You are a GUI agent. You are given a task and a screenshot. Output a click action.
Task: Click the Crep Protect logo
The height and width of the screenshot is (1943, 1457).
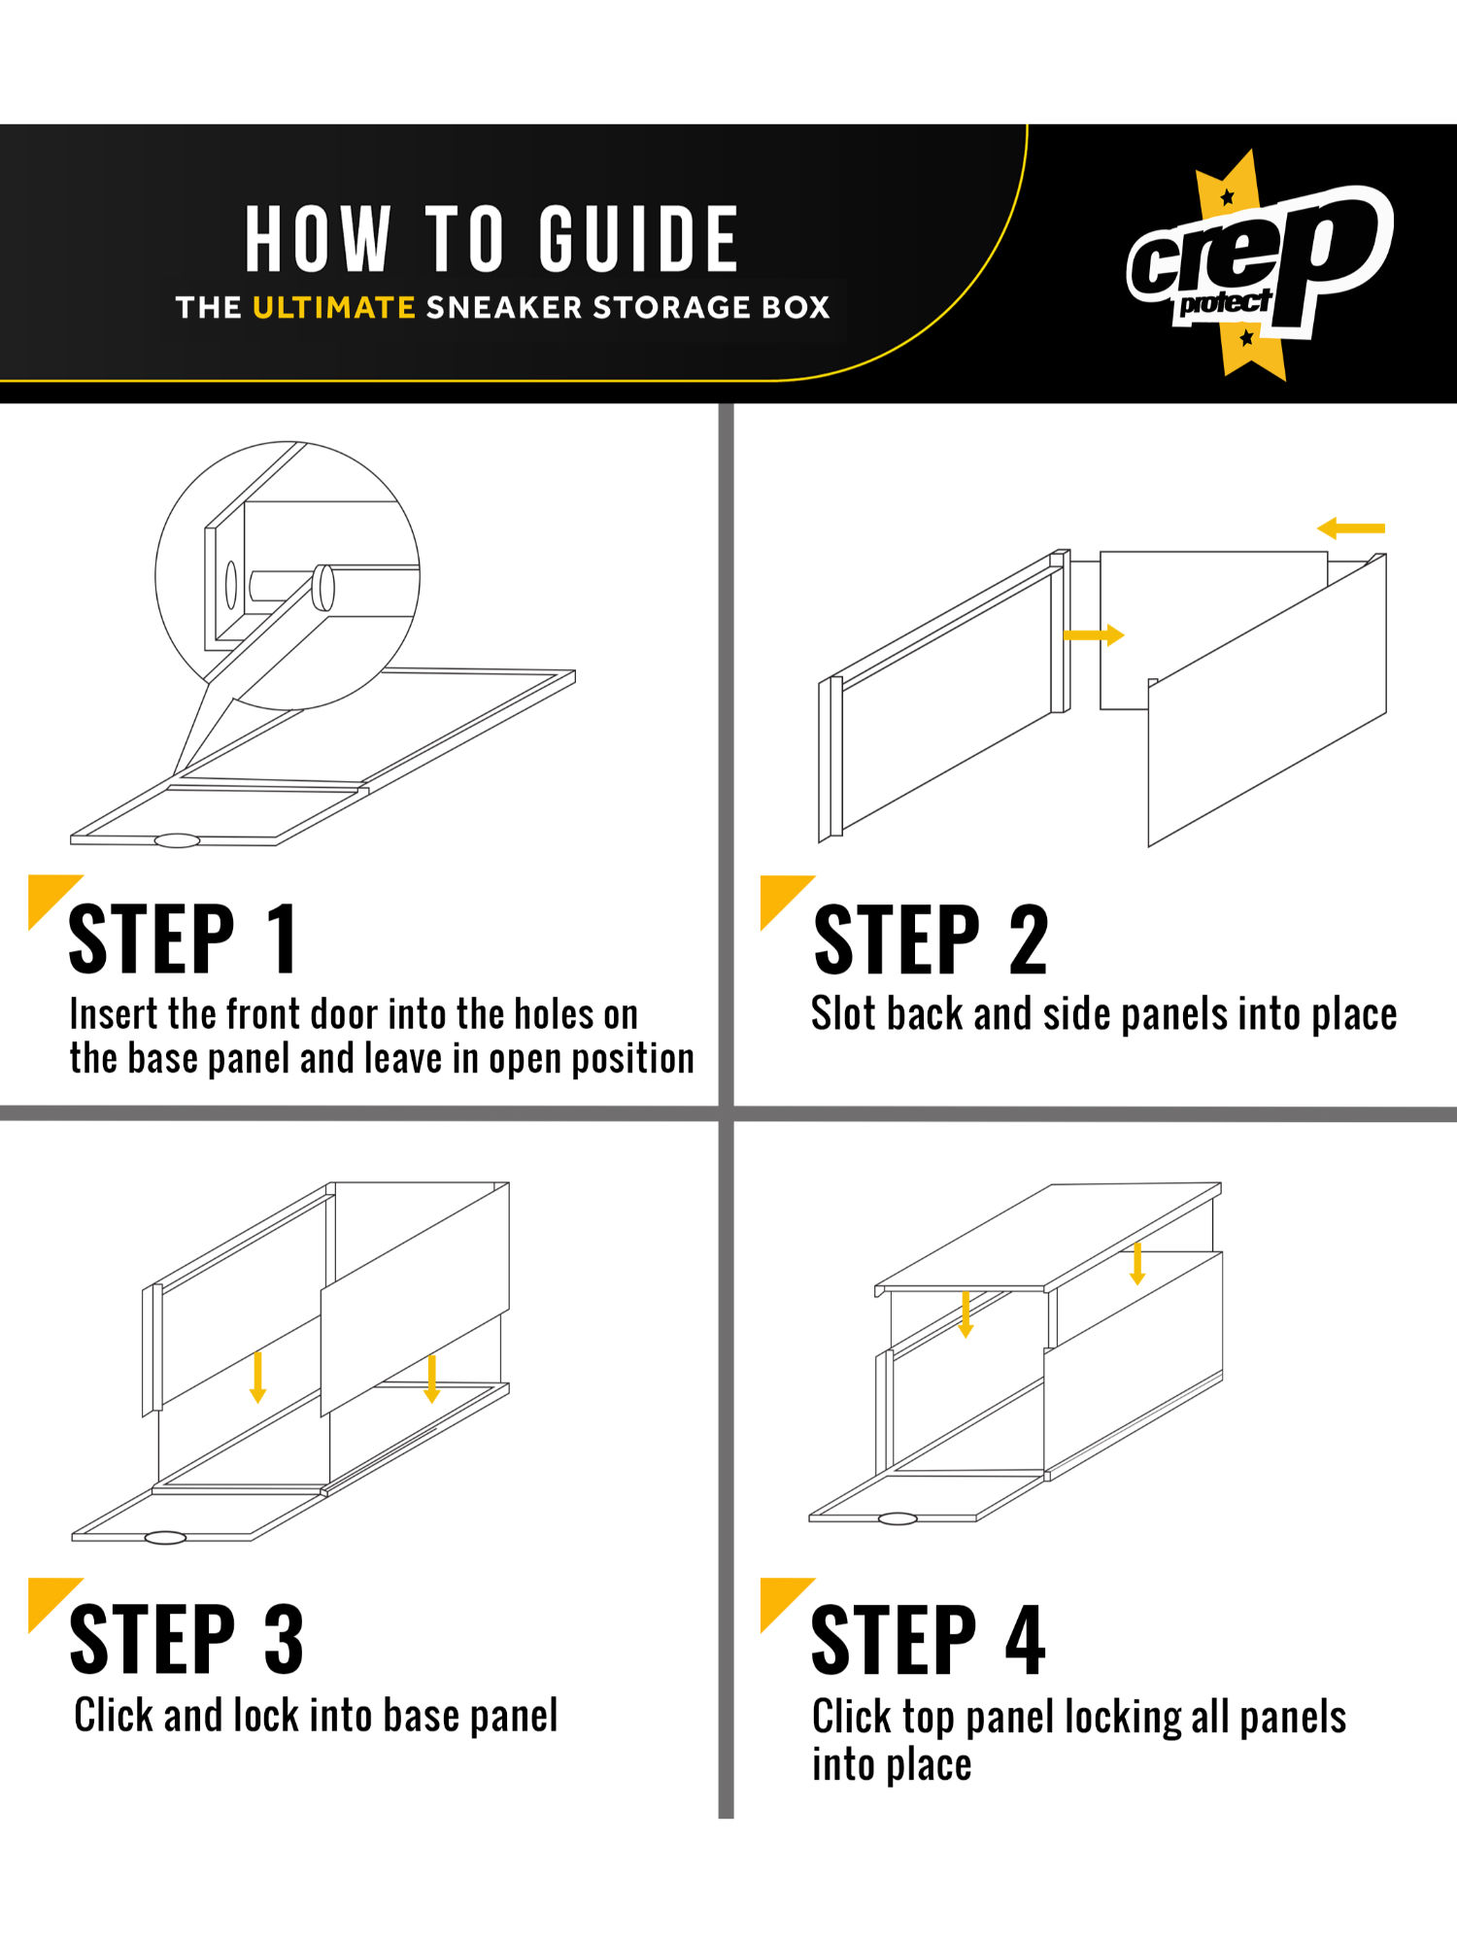pos(1260,264)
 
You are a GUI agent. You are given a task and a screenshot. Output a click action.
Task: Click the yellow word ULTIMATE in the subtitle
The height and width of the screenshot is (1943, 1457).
pos(334,307)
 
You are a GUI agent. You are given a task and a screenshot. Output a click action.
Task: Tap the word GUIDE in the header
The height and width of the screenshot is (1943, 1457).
pos(639,239)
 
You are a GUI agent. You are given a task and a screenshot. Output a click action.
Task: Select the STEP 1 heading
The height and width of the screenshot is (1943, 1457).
pos(183,938)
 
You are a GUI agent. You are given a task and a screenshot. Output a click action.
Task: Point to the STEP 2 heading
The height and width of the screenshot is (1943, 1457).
pos(931,938)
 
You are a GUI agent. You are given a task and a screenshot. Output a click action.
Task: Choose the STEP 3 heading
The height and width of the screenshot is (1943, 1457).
pos(186,1638)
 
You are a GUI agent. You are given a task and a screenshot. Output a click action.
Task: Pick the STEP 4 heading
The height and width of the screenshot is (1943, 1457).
pos(929,1638)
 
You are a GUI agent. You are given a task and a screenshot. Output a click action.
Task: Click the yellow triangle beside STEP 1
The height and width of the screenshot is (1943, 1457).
pos(49,896)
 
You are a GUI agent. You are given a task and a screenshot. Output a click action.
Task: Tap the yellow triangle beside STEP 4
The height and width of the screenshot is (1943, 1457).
pos(780,1598)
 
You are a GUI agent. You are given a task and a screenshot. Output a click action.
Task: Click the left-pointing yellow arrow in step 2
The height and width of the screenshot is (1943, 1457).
pos(1351,528)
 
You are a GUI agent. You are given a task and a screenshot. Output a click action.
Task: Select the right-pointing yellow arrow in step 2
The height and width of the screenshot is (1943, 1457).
pos(1094,635)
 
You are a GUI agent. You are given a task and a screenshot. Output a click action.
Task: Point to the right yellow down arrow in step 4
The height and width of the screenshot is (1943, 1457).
pos(1137,1262)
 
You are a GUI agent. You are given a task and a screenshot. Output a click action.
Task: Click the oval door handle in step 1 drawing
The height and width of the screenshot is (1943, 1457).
pos(177,840)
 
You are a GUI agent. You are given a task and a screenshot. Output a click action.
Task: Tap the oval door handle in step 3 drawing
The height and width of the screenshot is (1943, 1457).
pos(165,1537)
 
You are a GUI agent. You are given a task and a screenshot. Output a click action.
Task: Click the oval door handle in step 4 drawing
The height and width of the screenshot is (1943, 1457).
pos(898,1518)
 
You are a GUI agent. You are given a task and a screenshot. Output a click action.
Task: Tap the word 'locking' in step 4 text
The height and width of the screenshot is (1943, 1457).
pos(1123,1719)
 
